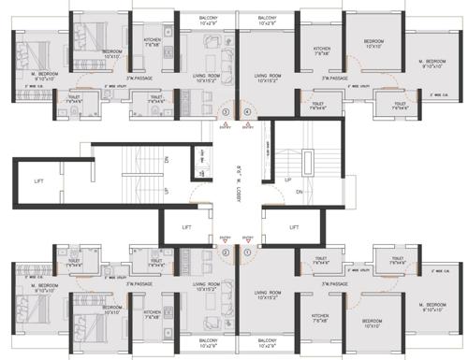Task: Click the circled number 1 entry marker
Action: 247,251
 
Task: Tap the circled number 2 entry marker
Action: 225,251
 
